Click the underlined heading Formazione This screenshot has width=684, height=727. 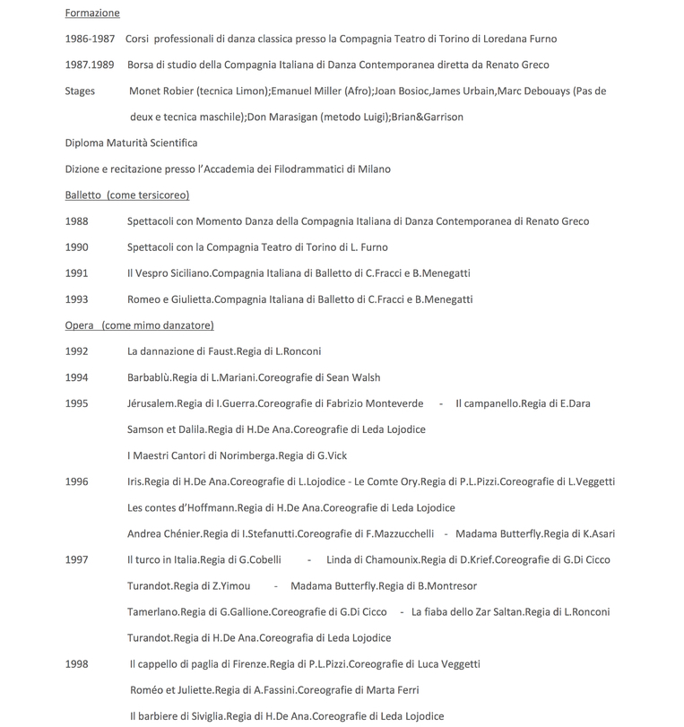coord(91,13)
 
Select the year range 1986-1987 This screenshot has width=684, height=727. coord(90,39)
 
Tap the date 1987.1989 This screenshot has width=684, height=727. coord(90,65)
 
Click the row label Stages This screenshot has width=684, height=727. coord(80,91)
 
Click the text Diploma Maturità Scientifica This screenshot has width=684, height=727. coord(131,143)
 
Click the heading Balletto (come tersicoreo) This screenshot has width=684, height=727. coord(126,195)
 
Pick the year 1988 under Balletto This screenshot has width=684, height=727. coord(76,221)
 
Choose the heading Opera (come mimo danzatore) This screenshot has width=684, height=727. coord(139,325)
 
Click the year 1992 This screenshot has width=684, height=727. coord(76,351)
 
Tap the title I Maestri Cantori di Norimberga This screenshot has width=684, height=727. coord(202,455)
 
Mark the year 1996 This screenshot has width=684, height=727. coord(76,482)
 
